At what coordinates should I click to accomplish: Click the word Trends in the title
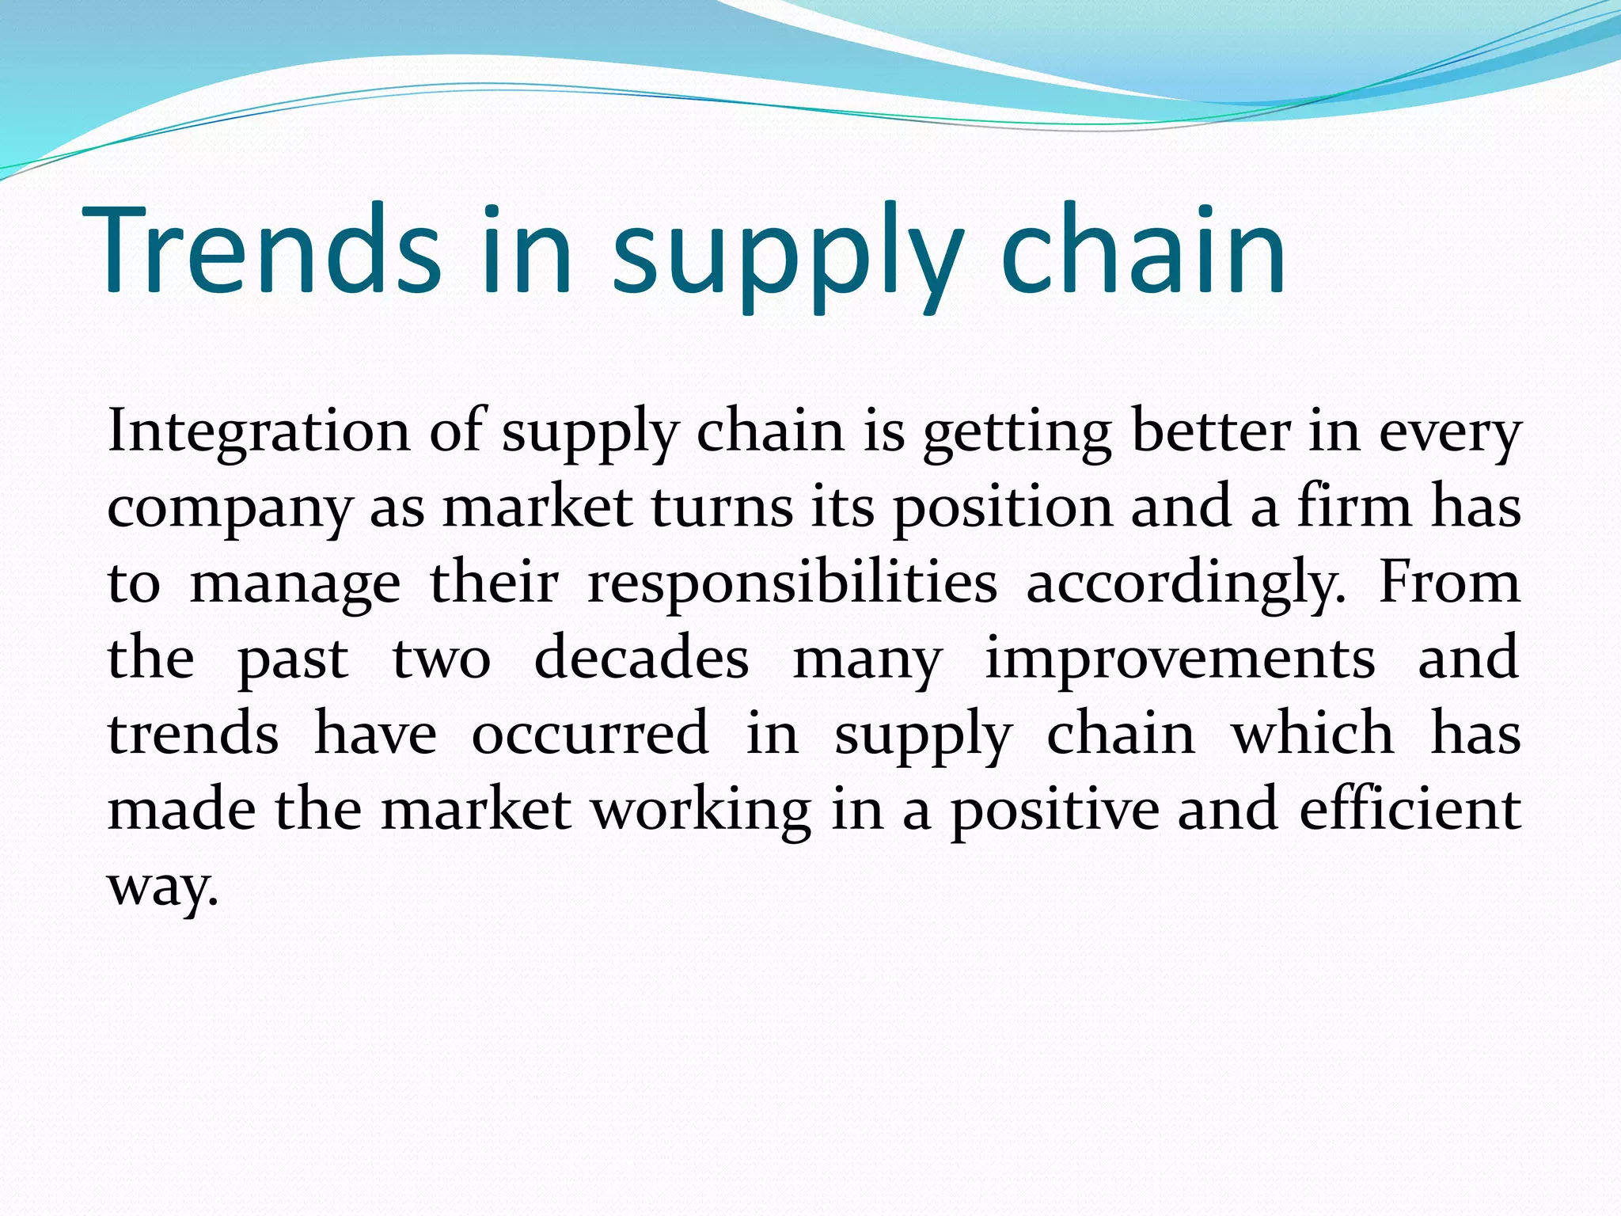(x=261, y=249)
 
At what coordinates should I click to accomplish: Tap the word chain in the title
(x=1143, y=249)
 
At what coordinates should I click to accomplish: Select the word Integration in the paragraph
(x=259, y=431)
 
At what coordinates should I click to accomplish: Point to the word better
(x=1211, y=431)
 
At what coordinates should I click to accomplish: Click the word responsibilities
(x=792, y=584)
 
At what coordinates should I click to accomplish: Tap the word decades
(x=641, y=659)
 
